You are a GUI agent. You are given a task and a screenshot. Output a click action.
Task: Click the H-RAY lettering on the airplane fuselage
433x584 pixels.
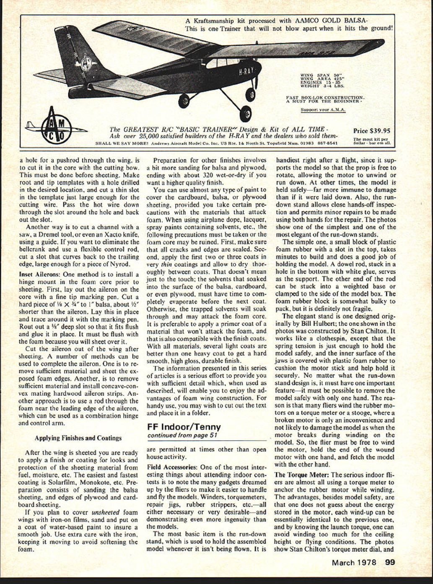coord(246,71)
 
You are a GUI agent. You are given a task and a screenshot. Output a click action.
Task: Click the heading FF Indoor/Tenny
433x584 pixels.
coord(184,427)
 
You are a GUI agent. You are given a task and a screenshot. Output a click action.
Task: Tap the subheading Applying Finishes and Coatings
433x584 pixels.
coord(78,438)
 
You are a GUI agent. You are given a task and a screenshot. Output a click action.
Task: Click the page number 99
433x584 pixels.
coord(390,563)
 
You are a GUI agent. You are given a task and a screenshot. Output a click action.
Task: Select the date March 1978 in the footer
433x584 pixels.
coord(354,563)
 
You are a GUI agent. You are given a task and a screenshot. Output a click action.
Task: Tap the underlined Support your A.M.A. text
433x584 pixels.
coord(323,110)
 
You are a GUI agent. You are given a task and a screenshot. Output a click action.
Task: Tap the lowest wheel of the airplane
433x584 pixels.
coord(245,113)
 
